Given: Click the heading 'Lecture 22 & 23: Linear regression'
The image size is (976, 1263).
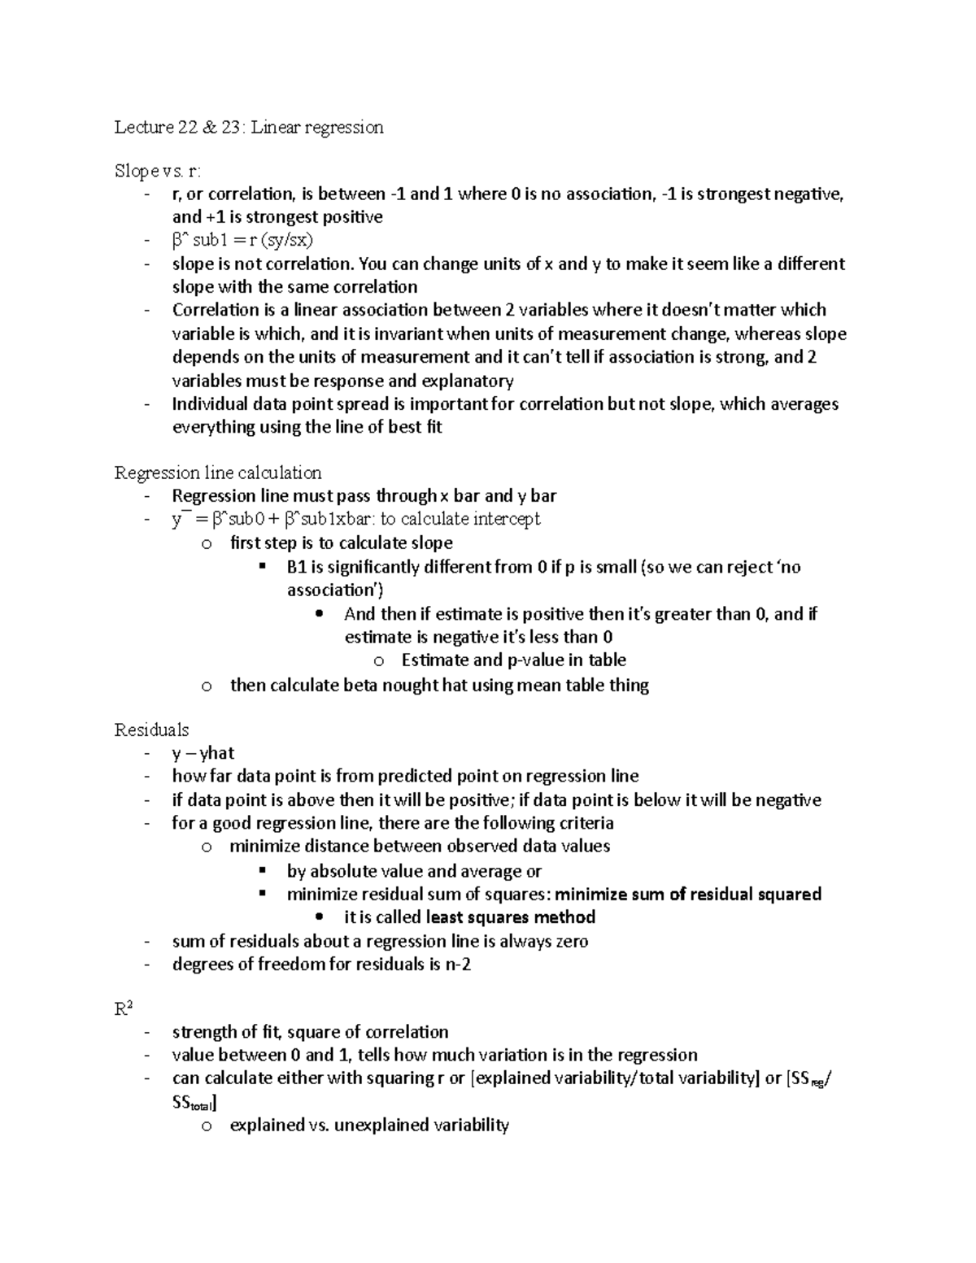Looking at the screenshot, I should tap(248, 128).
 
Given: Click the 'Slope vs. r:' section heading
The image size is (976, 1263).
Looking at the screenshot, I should tap(157, 172).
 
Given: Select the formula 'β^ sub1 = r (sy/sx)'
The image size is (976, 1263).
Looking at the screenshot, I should tap(242, 241).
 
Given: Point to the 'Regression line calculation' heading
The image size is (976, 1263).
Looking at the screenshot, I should tap(218, 473).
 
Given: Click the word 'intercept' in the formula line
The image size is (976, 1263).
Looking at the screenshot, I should tap(506, 520).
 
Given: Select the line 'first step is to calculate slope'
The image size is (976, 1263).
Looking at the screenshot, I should tap(342, 543).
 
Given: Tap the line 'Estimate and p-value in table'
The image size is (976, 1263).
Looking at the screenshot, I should tap(513, 660).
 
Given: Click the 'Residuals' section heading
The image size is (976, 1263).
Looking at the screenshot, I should tap(151, 730).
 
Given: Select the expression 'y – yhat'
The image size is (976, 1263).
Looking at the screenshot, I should tap(203, 754).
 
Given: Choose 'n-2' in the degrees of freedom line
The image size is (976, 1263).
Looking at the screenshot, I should tap(459, 965).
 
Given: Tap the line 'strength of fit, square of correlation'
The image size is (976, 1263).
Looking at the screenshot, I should tap(310, 1033).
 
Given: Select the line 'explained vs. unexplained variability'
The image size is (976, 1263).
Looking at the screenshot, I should tap(369, 1126).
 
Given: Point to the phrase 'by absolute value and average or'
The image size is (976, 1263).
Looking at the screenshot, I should tap(414, 872).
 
